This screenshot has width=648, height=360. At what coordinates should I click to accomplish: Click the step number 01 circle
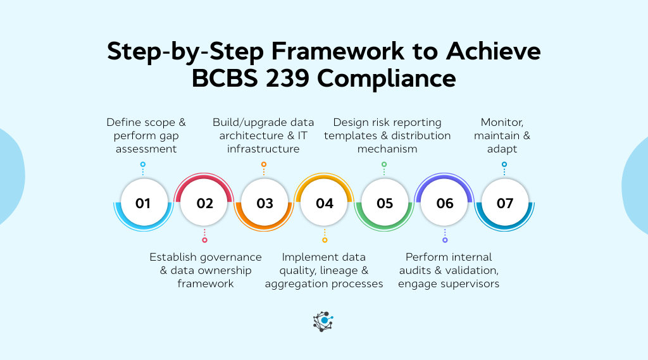click(x=143, y=203)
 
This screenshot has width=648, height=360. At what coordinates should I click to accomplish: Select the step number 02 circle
click(x=204, y=203)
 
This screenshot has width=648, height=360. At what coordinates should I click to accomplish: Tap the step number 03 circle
click(x=265, y=203)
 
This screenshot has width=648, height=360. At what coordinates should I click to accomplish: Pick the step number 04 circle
click(x=325, y=203)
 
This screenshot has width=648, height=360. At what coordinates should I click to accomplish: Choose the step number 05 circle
click(x=385, y=203)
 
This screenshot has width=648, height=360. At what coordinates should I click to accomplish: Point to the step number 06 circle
click(x=445, y=203)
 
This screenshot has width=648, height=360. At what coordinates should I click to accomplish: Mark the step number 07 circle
click(x=505, y=203)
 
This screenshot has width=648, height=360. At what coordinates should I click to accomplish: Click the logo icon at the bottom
click(x=323, y=321)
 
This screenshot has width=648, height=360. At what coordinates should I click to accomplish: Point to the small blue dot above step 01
click(x=143, y=164)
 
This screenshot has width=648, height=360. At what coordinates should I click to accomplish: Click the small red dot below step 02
click(x=204, y=240)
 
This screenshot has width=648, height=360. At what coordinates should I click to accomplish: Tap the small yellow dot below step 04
click(x=325, y=240)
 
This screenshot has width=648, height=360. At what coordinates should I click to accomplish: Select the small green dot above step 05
click(x=384, y=164)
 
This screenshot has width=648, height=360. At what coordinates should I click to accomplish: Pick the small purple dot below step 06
click(x=445, y=240)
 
